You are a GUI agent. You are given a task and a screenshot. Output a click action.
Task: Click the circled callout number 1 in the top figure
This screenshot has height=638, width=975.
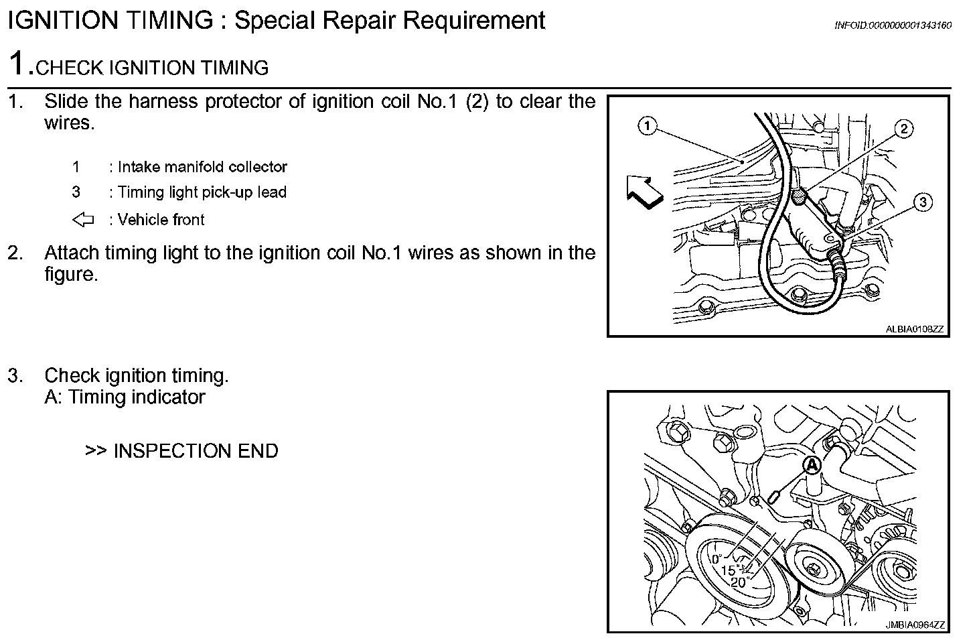tap(647, 125)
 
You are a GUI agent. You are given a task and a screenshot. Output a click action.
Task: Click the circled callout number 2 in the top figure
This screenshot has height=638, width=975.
tap(903, 129)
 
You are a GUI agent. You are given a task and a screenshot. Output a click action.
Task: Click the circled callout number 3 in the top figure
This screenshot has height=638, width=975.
tap(923, 202)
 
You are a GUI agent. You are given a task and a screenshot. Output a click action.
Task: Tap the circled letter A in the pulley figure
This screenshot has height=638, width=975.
tap(812, 464)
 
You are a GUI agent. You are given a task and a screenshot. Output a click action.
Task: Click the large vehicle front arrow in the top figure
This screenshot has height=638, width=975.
tap(644, 192)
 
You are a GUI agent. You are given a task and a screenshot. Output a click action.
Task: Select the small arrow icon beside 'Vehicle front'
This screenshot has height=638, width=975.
tap(83, 220)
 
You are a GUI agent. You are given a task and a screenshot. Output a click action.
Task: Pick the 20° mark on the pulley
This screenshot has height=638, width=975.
tap(740, 582)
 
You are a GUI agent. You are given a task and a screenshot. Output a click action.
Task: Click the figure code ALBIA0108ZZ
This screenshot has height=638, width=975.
tap(914, 329)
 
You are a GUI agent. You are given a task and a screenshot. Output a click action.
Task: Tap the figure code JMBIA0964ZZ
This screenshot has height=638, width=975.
tap(914, 625)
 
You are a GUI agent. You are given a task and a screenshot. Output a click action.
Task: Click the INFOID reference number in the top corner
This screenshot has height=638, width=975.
tap(893, 25)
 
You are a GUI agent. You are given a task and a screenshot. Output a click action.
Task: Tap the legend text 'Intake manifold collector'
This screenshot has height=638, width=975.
tap(202, 167)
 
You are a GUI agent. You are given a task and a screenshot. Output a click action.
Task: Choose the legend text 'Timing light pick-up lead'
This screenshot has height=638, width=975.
tap(202, 192)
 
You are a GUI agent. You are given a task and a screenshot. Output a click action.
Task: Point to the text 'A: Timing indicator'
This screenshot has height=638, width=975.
tap(125, 397)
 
